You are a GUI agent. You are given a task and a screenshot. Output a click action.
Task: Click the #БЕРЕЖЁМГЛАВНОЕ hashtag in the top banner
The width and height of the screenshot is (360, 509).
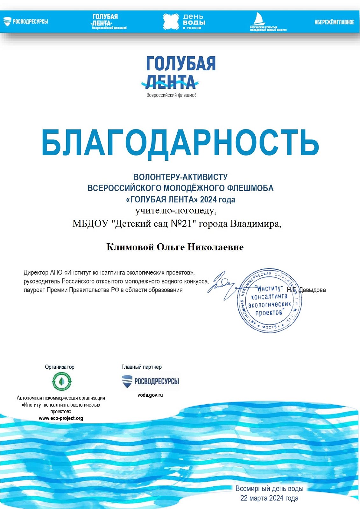[334, 22]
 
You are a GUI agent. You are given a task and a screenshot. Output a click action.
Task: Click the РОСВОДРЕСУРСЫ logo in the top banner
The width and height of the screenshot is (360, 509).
[26, 22]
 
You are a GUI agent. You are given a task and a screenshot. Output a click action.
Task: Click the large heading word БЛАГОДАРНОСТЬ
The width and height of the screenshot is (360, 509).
[180, 143]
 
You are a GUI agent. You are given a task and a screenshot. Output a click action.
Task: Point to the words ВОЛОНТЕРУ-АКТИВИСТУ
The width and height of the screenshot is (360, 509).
[180, 177]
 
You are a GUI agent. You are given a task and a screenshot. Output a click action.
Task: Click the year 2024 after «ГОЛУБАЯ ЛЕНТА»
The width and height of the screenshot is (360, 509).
[208, 200]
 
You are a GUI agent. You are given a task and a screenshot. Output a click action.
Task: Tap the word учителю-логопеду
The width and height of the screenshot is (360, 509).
[176, 211]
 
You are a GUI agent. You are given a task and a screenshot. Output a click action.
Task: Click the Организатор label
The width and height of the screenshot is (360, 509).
[60, 367]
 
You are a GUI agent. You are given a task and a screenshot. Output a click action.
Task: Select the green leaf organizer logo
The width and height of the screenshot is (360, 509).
[61, 381]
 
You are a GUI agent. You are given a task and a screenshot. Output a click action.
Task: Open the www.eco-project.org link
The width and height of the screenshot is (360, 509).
[61, 418]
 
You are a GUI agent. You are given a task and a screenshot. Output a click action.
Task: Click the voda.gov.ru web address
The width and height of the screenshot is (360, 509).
[150, 395]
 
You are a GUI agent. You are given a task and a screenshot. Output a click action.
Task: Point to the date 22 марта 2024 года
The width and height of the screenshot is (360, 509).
[269, 498]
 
